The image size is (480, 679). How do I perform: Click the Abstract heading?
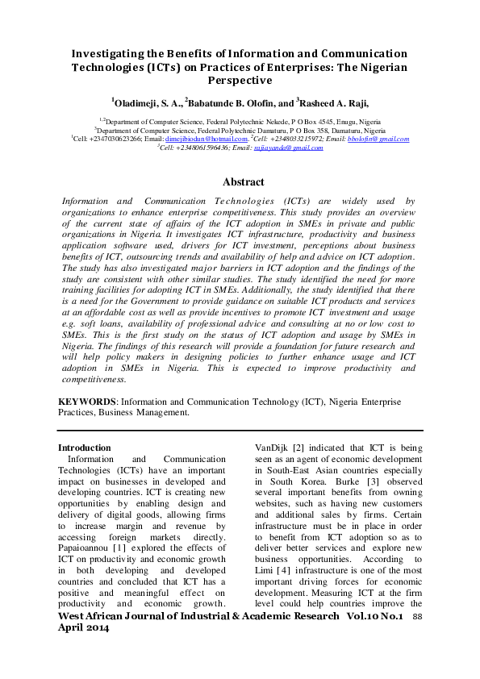(243, 182)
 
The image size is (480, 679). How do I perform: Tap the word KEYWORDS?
(88, 402)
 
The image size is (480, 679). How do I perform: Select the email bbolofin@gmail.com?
(378, 139)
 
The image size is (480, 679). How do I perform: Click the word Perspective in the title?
(240, 81)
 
